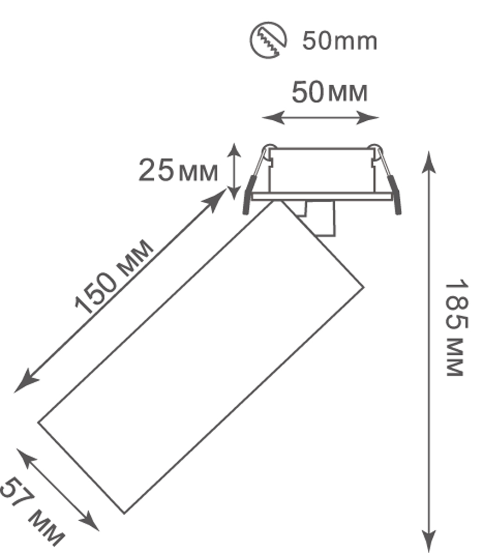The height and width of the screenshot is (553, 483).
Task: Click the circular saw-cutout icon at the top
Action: point(268,41)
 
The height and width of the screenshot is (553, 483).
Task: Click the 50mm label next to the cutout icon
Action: point(339,41)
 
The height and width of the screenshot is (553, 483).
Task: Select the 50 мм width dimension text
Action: point(330,93)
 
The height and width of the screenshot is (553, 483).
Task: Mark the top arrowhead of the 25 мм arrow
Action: point(235,147)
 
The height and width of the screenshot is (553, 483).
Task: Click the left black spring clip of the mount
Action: point(249,194)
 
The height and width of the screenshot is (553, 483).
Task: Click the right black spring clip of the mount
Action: point(396,195)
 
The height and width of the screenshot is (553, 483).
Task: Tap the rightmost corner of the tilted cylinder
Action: point(364,287)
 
